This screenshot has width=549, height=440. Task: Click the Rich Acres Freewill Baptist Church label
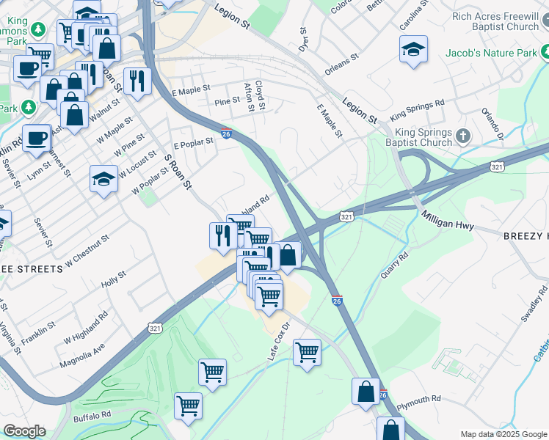point(495,21)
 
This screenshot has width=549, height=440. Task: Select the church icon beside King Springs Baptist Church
point(462,136)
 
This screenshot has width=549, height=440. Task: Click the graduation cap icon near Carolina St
point(414,49)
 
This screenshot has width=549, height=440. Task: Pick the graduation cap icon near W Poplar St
point(104,179)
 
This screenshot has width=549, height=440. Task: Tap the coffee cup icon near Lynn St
point(36,138)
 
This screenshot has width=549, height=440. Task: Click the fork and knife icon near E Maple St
point(137,81)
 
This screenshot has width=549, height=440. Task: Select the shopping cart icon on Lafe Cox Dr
point(307,352)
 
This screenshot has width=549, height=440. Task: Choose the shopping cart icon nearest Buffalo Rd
point(189,405)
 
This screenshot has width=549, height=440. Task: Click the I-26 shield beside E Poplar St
point(227,134)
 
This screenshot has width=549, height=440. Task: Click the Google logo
point(25,431)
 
